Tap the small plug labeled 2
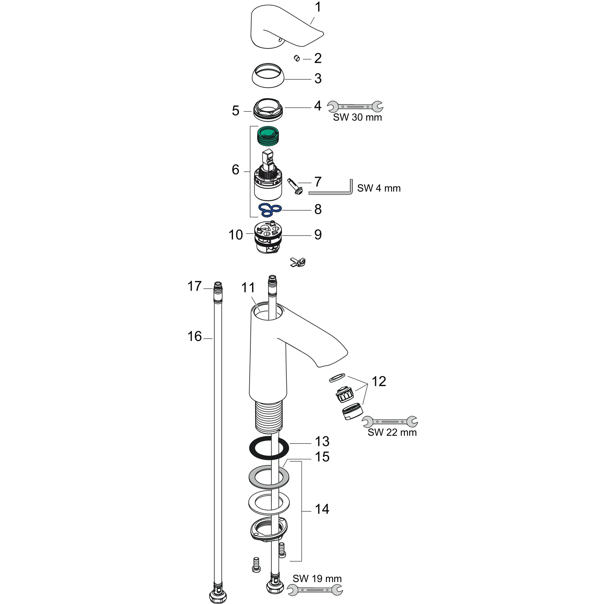pos(297,58)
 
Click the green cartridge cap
pos(268,135)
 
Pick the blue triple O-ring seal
pos(270,210)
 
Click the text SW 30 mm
pos(357,118)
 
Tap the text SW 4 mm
pos(379,188)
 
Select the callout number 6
pos(235,170)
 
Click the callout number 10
pos(235,235)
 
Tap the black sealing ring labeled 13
pos(269,449)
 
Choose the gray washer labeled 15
pos(269,477)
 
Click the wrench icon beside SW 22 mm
pos(390,422)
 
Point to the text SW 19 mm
pos(317,578)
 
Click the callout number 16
pos(194,337)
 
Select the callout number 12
pos(379,381)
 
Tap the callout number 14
pos(322,509)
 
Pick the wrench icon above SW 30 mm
pos(355,106)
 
